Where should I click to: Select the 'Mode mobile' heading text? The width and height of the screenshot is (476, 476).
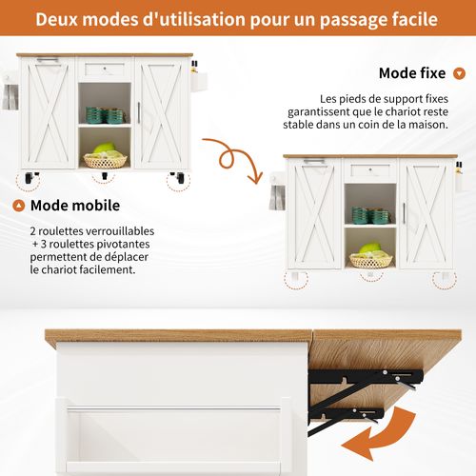(x=76, y=205)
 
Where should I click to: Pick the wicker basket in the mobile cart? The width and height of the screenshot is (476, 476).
(x=105, y=160)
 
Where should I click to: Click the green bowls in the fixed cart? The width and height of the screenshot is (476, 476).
(x=369, y=215)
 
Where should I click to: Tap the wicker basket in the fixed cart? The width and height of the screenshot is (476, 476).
(x=369, y=258)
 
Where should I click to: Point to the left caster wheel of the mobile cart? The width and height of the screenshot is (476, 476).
(x=31, y=176)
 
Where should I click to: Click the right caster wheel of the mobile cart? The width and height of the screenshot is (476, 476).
(x=177, y=176)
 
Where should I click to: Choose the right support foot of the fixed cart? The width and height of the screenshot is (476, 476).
(x=443, y=278)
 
